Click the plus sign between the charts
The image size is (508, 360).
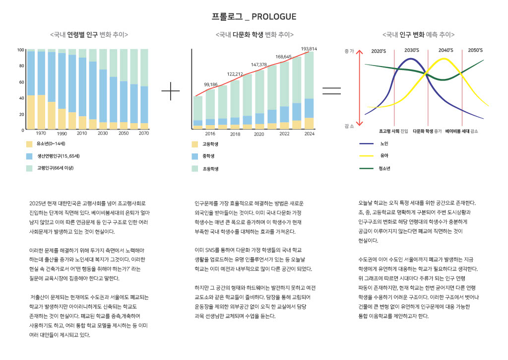(x=171, y=91)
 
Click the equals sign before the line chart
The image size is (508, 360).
(x=331, y=91)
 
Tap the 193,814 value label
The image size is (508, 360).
(x=309, y=49)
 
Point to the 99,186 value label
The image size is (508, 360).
(x=211, y=84)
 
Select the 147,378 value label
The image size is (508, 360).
(x=259, y=65)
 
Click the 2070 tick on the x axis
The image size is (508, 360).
(x=144, y=134)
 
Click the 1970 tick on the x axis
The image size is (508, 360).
(x=41, y=134)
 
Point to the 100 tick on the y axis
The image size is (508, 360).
(x=20, y=50)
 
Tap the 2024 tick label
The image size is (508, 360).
(x=309, y=134)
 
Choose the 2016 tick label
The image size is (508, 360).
(x=210, y=134)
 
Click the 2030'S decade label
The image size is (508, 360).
(x=411, y=51)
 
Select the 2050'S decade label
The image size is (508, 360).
(x=475, y=51)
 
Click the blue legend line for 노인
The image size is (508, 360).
(x=366, y=144)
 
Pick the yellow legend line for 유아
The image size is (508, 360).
(x=366, y=156)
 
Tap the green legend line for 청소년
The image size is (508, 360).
(x=366, y=168)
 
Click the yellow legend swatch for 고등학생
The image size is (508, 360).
(x=195, y=144)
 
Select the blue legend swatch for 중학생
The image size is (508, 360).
(x=195, y=156)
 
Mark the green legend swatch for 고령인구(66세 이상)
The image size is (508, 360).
(x=29, y=168)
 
